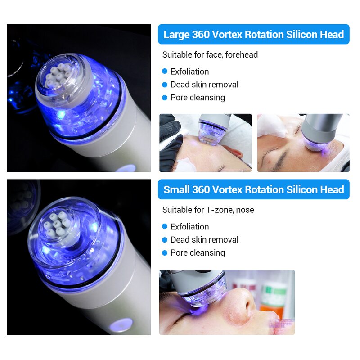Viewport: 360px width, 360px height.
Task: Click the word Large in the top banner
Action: pyautogui.click(x=176, y=35)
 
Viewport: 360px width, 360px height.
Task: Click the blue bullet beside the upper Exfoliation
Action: pyautogui.click(x=165, y=72)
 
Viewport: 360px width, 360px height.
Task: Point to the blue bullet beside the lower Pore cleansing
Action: pyautogui.click(x=165, y=253)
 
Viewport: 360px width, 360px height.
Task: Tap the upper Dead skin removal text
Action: pyautogui.click(x=204, y=85)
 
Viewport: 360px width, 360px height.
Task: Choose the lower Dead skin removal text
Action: pyautogui.click(x=204, y=240)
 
